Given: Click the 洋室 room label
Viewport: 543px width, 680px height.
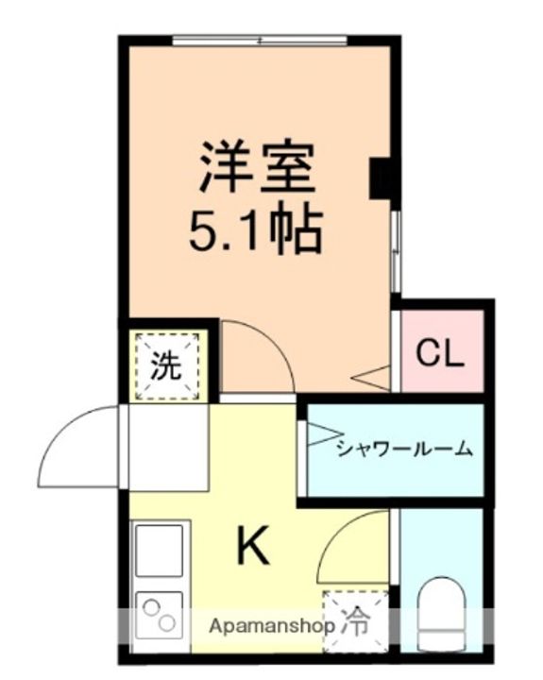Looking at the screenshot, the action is pos(257,167).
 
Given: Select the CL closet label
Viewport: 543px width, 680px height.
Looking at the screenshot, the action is pos(439,353).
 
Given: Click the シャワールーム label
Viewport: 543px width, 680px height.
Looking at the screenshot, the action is pos(404,448).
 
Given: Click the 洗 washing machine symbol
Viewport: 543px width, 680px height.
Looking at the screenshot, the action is pos(166,366).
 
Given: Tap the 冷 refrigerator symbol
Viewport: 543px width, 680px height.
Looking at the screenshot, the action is pos(355,624).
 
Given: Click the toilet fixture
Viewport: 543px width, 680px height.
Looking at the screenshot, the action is pos(442,612).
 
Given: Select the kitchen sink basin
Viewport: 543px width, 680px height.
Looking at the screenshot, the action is pos(160,551).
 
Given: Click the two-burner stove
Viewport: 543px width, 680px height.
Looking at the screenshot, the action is pos(160,616).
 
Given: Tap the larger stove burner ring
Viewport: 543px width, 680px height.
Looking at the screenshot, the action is pos(167,623).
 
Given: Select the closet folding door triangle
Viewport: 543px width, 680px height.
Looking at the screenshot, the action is pos(370,378).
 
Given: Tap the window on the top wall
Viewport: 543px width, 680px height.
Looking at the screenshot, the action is pos(260,41).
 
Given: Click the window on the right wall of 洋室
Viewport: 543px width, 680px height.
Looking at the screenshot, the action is pos(395,251).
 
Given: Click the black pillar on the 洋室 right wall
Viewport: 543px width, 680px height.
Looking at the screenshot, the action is pos(380,178).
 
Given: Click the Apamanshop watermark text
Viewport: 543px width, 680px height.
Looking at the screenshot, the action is pos(272,626).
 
